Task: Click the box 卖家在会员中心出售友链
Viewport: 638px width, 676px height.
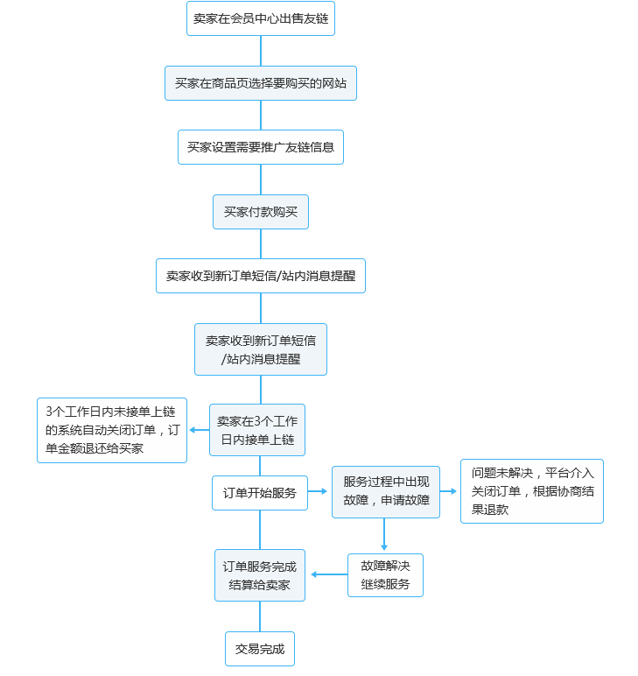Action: pyautogui.click(x=260, y=18)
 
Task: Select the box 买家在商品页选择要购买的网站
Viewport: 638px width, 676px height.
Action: pyautogui.click(x=260, y=83)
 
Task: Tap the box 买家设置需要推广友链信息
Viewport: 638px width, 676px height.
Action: pyautogui.click(x=260, y=147)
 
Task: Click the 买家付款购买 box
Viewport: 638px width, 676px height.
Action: pyautogui.click(x=260, y=212)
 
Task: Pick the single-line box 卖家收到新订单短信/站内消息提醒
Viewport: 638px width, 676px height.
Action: pyautogui.click(x=260, y=276)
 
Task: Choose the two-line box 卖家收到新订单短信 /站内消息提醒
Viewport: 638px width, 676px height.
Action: pyautogui.click(x=260, y=349)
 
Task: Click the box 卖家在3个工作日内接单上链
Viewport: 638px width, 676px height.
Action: pyautogui.click(x=256, y=429)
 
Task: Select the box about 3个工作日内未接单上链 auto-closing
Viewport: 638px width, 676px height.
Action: pyautogui.click(x=110, y=430)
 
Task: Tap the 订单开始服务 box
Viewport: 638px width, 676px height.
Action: pyautogui.click(x=259, y=493)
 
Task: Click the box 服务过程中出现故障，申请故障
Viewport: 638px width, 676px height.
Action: pyautogui.click(x=385, y=492)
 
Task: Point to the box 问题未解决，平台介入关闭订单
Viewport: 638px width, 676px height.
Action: pyautogui.click(x=531, y=491)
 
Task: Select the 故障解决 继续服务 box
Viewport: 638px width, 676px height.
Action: pyautogui.click(x=385, y=575)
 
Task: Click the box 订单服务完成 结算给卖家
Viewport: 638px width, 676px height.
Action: pyautogui.click(x=259, y=575)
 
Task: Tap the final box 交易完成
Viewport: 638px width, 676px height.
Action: pyautogui.click(x=259, y=649)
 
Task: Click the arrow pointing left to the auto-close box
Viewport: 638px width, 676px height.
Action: pyautogui.click(x=198, y=430)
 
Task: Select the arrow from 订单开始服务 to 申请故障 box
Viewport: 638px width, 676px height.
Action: pyautogui.click(x=319, y=492)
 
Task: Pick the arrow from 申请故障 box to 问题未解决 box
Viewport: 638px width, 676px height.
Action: pyautogui.click(x=449, y=492)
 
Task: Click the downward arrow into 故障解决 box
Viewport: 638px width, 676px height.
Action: pyautogui.click(x=385, y=535)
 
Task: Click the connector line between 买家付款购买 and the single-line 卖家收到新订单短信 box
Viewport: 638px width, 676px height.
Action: pyautogui.click(x=260, y=243)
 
